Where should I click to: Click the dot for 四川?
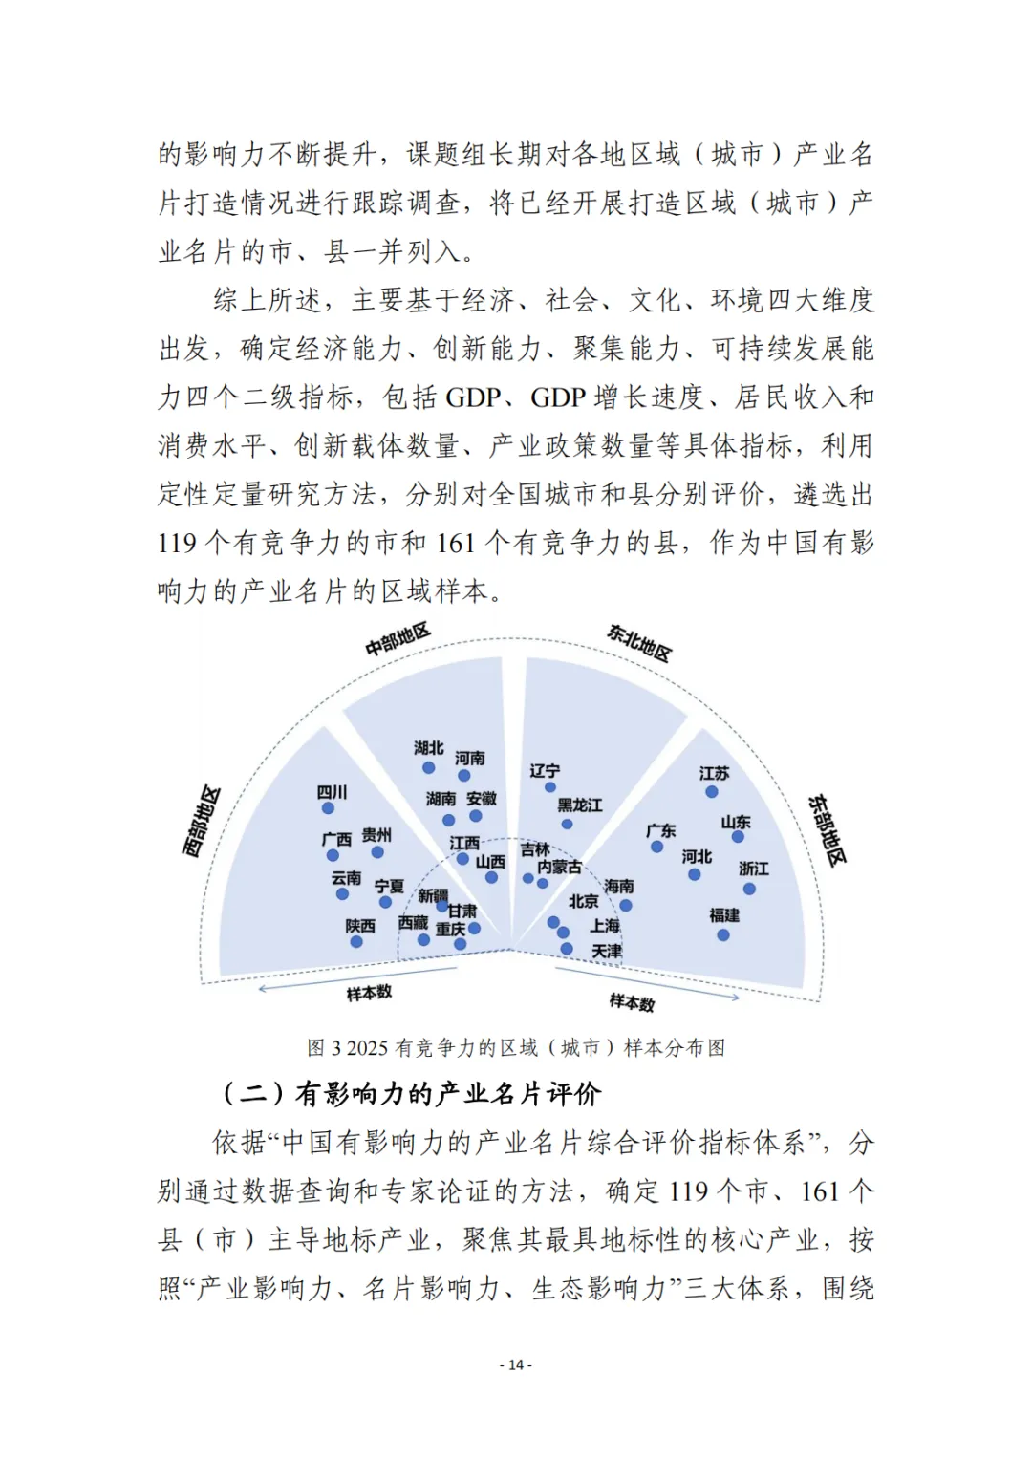[x=329, y=808]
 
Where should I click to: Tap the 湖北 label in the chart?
[x=429, y=748]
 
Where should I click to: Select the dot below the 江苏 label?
[x=712, y=792]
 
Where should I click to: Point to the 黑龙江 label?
[x=580, y=805]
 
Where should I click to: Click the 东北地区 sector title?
[x=639, y=643]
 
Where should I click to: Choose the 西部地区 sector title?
[x=202, y=822]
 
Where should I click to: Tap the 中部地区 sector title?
[x=398, y=639]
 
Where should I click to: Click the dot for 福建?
[x=723, y=935]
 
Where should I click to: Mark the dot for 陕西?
[x=356, y=942]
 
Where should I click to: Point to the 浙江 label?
[x=753, y=869]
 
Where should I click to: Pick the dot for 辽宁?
[x=550, y=787]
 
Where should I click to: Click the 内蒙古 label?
[x=560, y=867]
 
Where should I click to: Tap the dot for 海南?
[x=626, y=905]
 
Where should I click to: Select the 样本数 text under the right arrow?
[x=632, y=1002]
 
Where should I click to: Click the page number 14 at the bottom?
[x=516, y=1364]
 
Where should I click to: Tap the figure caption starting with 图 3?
[x=516, y=1048]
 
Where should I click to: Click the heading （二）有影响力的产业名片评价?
[x=411, y=1094]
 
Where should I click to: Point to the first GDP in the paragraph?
[x=473, y=397]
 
